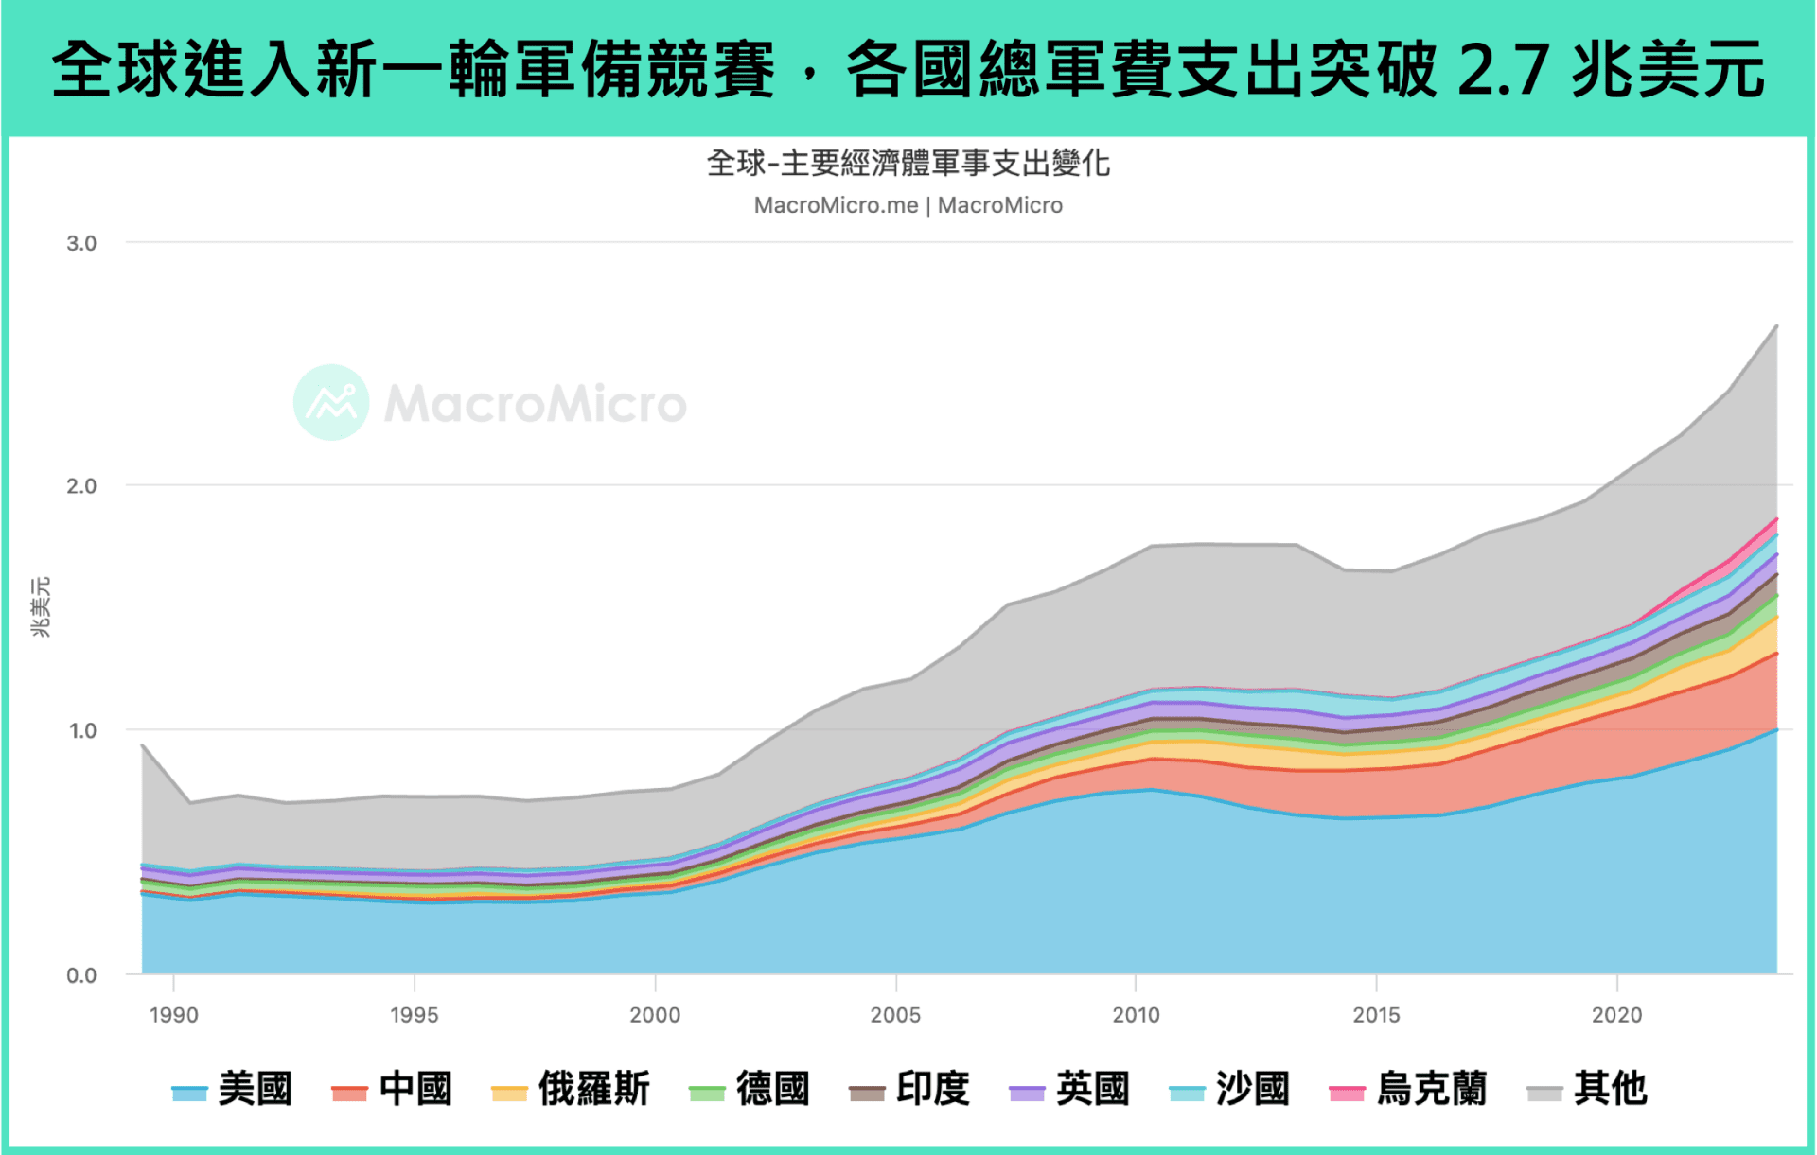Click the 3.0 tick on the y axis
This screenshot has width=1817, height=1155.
(x=81, y=243)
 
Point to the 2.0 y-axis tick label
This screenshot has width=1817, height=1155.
(x=81, y=486)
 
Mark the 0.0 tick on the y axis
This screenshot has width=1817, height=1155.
(x=81, y=975)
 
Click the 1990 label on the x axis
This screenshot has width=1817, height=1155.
(x=174, y=1015)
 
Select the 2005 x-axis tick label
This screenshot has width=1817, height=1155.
(x=895, y=1015)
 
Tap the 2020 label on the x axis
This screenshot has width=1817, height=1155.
(x=1616, y=1015)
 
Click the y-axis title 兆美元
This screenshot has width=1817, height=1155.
(x=41, y=607)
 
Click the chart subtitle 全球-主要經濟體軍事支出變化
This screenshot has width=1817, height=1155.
(x=908, y=164)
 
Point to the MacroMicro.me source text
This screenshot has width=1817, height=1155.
(x=836, y=205)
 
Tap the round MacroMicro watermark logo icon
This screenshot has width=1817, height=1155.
(x=331, y=402)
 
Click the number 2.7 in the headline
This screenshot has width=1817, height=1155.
(x=1504, y=70)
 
